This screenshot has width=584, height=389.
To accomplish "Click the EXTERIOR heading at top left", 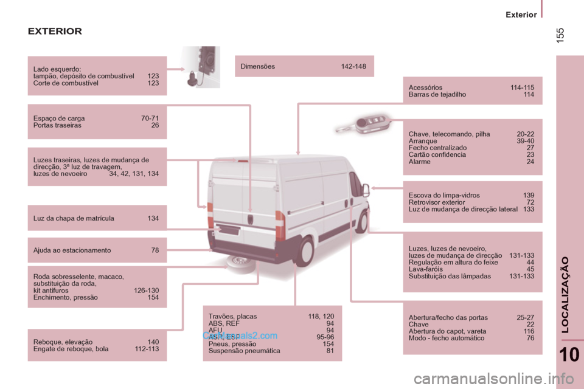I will click(55, 31).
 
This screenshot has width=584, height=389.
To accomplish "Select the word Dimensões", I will click(258, 66).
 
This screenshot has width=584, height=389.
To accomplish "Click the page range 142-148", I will click(353, 66).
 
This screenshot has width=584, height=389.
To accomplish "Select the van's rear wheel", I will click(304, 250).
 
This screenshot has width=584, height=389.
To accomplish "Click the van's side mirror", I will click(366, 190).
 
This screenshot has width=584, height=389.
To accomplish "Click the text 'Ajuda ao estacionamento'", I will click(72, 250).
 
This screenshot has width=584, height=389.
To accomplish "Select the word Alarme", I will click(420, 162).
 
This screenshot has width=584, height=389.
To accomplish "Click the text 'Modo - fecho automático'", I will click(447, 338).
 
